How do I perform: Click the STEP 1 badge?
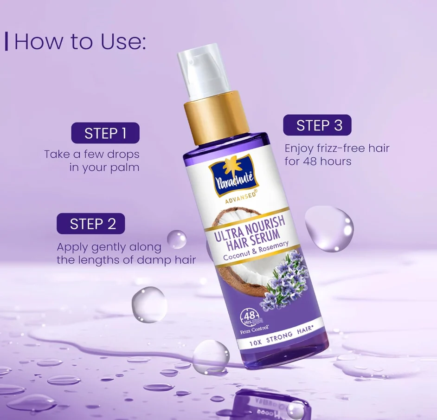coord(105,133)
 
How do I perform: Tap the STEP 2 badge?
coord(91,224)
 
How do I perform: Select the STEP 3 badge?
coord(317,125)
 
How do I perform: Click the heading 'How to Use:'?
coord(80,42)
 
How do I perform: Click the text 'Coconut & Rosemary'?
coord(256,251)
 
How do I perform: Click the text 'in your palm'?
coord(104,168)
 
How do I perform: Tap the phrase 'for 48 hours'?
coord(318,161)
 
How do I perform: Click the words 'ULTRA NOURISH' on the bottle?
coord(250,227)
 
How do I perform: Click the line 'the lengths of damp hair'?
coord(126,260)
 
